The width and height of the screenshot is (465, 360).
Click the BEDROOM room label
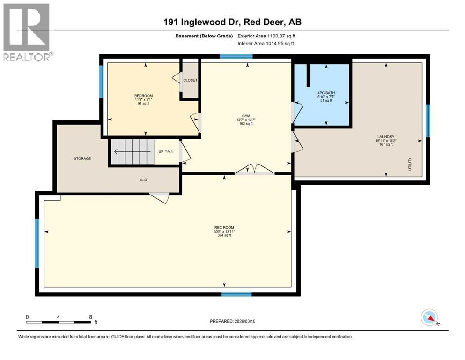click(143, 96)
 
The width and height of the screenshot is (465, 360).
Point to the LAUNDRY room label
click(384, 137)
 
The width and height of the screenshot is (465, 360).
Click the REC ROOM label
click(224, 228)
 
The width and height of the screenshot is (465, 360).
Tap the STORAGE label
click(82, 158)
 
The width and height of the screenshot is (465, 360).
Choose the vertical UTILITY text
click(410, 164)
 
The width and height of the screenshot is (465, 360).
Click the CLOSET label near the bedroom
click(190, 80)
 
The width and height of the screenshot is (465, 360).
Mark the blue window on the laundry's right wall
click(428, 120)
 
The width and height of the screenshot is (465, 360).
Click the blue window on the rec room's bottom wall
click(233, 294)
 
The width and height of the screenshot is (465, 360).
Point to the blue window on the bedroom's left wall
click(101, 81)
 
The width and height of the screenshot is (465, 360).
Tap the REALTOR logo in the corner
click(27, 31)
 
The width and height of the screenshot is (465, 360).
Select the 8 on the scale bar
click(90, 316)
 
